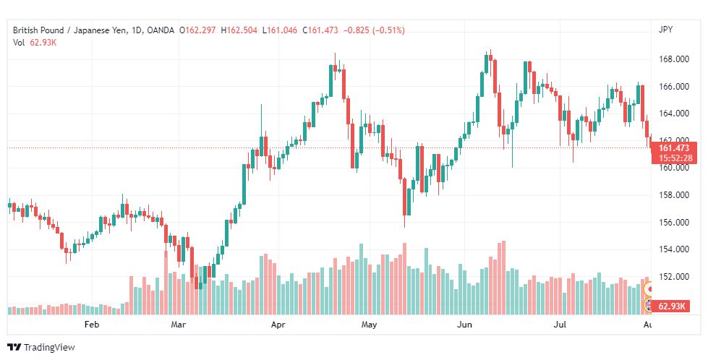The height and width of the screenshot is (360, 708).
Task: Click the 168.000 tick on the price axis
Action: tap(674, 59)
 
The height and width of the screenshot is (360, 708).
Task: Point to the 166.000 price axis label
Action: tap(674, 86)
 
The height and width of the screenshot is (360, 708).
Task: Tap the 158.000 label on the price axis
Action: tap(674, 195)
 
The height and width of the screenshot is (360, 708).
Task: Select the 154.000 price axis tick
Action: tap(674, 249)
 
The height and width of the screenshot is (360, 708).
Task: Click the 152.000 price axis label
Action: tap(674, 276)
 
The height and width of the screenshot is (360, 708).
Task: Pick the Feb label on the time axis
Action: tap(92, 325)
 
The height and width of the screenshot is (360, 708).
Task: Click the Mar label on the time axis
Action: tap(179, 325)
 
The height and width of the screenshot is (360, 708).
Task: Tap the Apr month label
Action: tap(278, 325)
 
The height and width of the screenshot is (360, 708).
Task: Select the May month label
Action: tap(370, 325)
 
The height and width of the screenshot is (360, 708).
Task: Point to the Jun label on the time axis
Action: tap(464, 325)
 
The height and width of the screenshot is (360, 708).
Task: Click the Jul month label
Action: tap(560, 325)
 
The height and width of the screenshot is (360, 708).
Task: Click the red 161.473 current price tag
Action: tap(674, 148)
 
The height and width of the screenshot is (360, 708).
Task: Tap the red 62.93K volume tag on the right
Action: tap(671, 307)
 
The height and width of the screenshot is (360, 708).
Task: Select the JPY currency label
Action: tap(665, 30)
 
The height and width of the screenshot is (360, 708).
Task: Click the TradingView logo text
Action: tap(49, 348)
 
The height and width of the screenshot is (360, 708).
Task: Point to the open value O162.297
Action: tap(197, 30)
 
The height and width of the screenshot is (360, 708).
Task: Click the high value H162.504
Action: tap(239, 30)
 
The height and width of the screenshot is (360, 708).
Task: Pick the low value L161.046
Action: tap(279, 30)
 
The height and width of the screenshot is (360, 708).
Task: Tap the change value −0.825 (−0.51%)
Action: tap(374, 30)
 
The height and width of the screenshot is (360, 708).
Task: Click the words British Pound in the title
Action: tap(38, 30)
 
